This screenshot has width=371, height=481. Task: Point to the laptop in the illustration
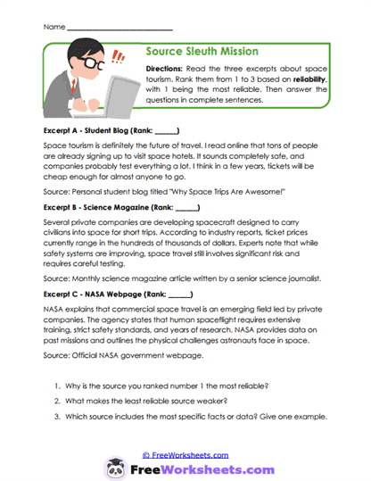pyautogui.click(x=111, y=89)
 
